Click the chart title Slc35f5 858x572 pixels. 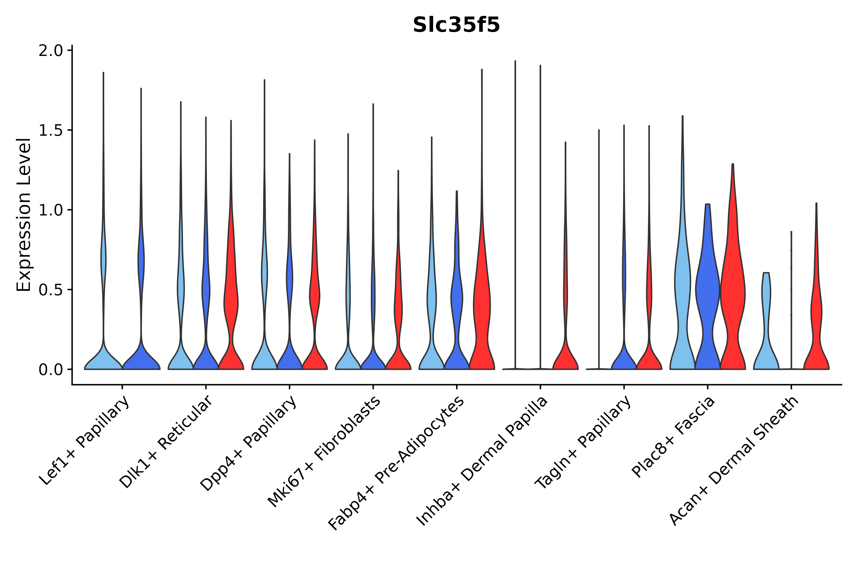tap(456, 25)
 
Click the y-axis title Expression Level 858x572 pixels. tap(24, 215)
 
